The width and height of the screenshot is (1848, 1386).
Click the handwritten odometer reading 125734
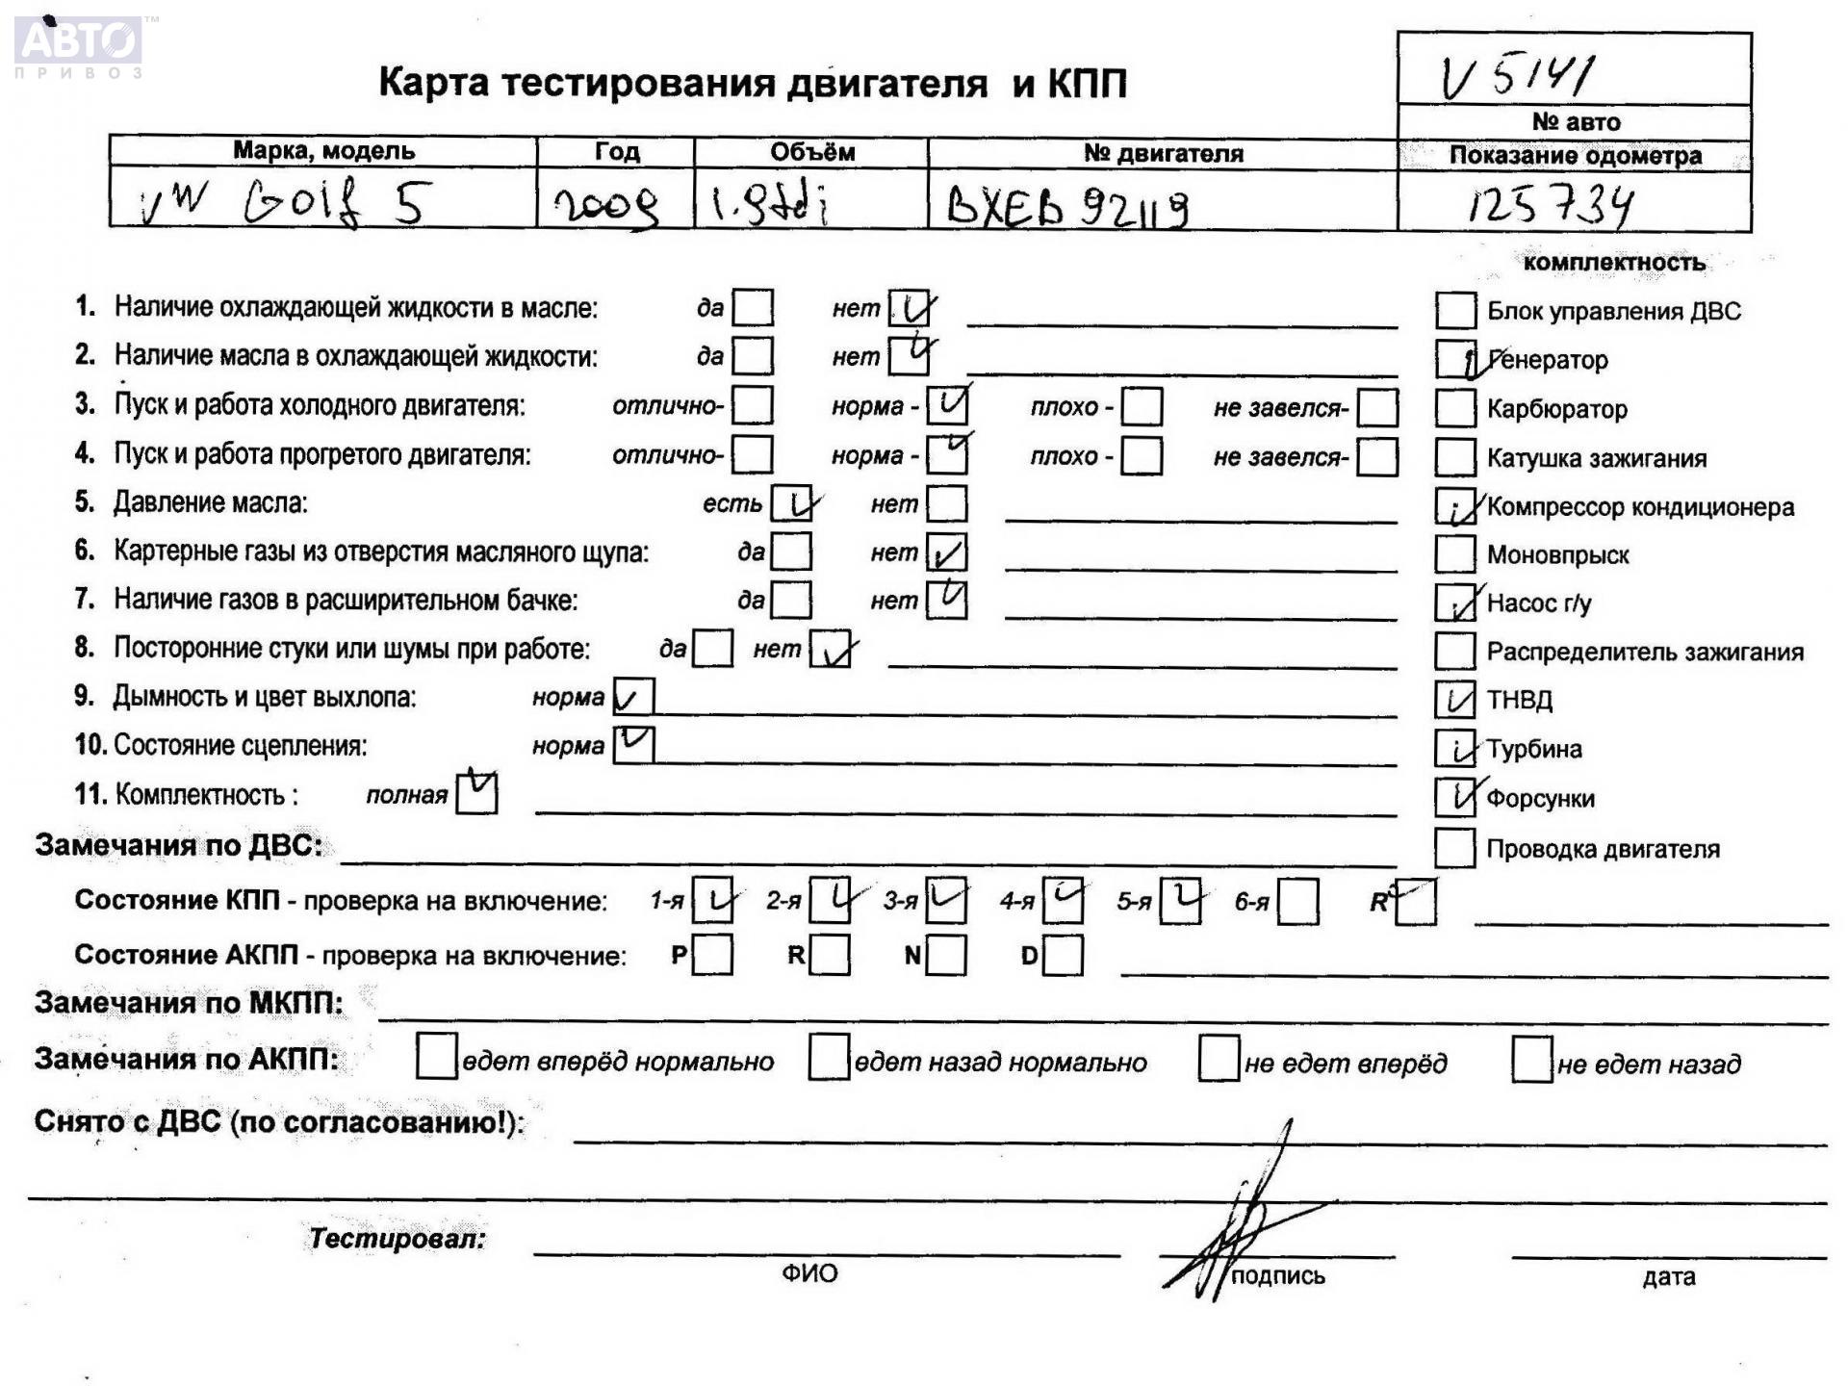(1550, 204)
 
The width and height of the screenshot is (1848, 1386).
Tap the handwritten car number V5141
(1517, 75)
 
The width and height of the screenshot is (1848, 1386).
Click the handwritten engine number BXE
(1066, 205)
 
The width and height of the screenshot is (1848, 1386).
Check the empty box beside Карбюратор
(1454, 408)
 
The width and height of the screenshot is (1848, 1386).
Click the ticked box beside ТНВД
(1454, 700)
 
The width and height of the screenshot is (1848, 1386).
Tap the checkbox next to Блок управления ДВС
(1454, 310)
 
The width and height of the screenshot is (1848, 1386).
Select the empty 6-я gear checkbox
(1297, 902)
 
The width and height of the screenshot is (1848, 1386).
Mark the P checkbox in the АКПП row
(712, 955)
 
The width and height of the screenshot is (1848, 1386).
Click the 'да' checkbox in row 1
(752, 308)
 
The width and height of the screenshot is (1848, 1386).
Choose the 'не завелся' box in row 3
(1377, 407)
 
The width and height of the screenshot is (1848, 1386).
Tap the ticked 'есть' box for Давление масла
(792, 503)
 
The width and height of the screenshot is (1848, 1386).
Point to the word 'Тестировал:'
(397, 1239)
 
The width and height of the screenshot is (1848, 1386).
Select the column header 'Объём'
(811, 152)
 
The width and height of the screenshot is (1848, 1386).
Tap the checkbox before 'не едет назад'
(1531, 1060)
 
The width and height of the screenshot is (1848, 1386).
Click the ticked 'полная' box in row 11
(476, 794)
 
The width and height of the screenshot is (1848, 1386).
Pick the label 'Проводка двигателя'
(1603, 849)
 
